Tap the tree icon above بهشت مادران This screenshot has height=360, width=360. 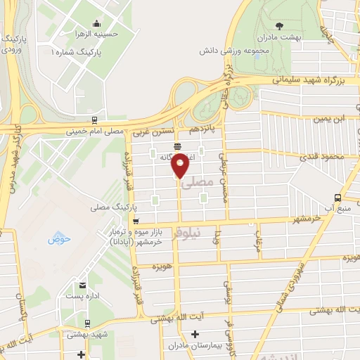click(x=281, y=25)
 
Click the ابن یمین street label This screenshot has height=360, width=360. click(x=330, y=119)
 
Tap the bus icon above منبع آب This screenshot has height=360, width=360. click(x=338, y=198)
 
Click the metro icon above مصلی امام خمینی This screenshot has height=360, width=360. click(x=94, y=120)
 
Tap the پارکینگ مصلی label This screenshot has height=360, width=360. click(x=112, y=208)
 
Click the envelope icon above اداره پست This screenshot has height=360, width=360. click(x=83, y=285)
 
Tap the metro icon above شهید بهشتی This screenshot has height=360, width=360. click(x=86, y=324)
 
